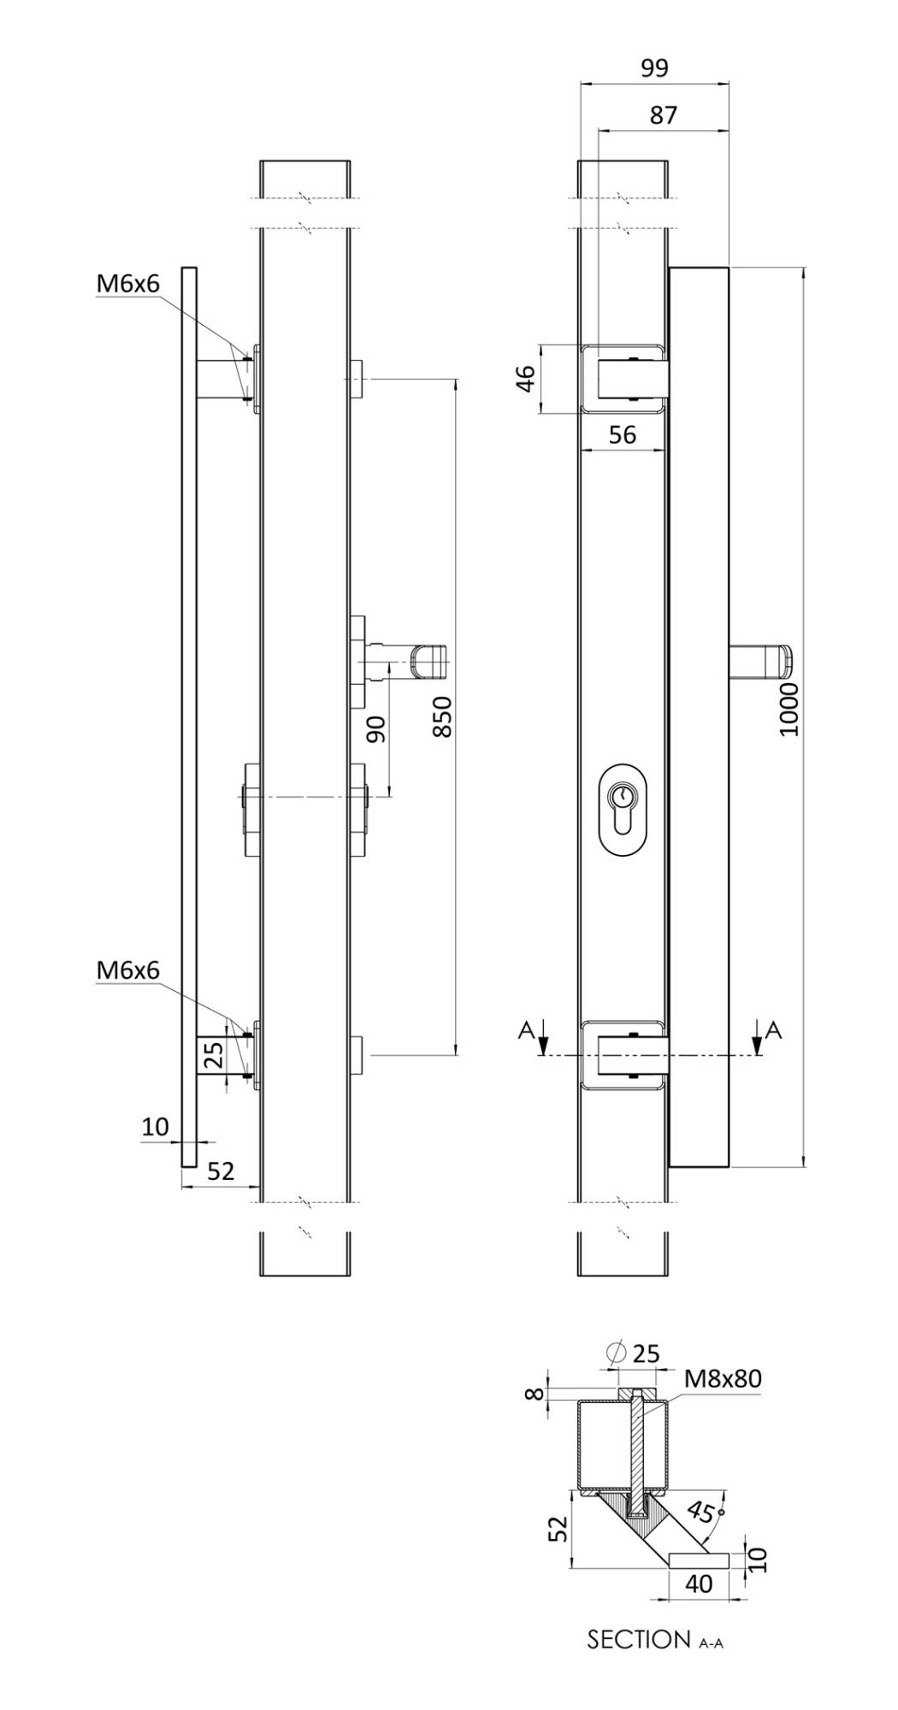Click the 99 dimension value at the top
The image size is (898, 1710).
point(654,68)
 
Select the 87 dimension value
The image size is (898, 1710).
point(663,115)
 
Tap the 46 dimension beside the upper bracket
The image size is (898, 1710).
point(525,378)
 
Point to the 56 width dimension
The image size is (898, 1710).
point(623,435)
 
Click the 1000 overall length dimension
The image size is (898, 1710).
point(789,709)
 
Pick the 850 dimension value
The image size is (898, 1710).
point(440,716)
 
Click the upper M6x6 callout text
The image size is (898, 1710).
point(127,285)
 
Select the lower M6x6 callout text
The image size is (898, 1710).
point(127,970)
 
